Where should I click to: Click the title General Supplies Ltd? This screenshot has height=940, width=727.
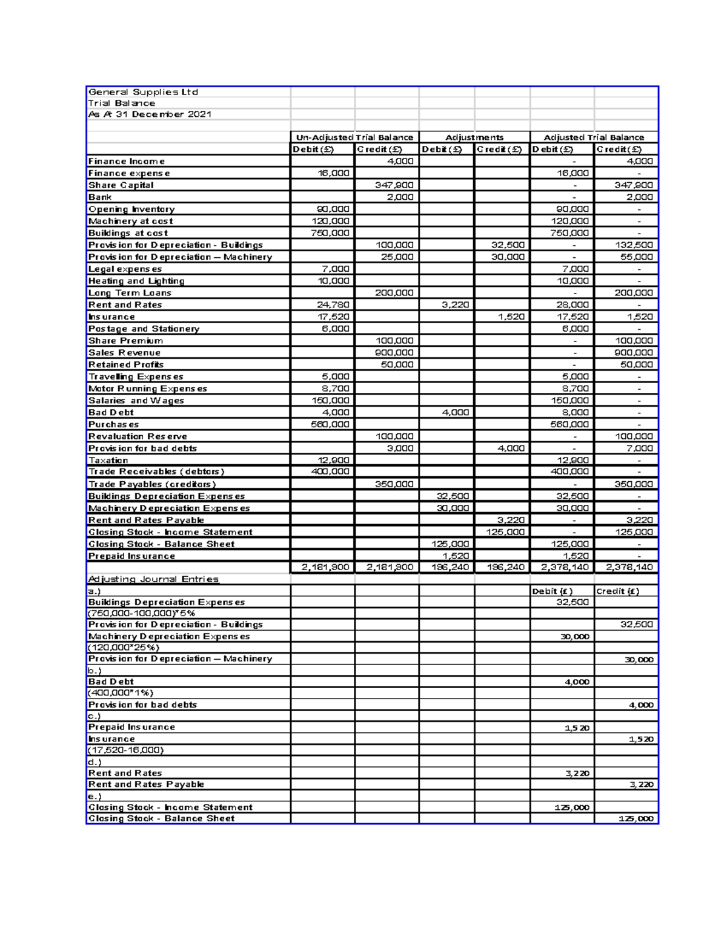pyautogui.click(x=144, y=92)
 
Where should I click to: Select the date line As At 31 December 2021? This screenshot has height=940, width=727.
pyautogui.click(x=150, y=114)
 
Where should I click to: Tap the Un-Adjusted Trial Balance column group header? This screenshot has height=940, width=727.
pyautogui.click(x=354, y=137)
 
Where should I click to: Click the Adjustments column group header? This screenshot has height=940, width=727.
pyautogui.click(x=474, y=137)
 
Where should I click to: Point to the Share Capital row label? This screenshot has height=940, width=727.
pyautogui.click(x=121, y=185)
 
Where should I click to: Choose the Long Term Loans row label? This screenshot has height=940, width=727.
pyautogui.click(x=130, y=293)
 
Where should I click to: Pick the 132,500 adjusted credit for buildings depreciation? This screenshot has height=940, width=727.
pyautogui.click(x=635, y=245)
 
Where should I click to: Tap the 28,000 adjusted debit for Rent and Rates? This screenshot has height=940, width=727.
pyautogui.click(x=573, y=305)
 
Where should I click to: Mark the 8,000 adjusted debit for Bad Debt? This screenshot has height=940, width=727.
pyautogui.click(x=575, y=413)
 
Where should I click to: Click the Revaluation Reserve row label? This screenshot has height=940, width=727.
pyautogui.click(x=138, y=436)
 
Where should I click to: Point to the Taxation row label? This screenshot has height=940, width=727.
pyautogui.click(x=108, y=461)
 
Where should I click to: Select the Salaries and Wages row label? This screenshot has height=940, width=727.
pyautogui.click(x=136, y=401)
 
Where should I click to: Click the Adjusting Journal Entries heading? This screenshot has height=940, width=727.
pyautogui.click(x=153, y=579)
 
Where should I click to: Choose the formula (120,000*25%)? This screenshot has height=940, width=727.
pyautogui.click(x=124, y=648)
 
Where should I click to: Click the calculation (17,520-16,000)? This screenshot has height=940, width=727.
pyautogui.click(x=126, y=750)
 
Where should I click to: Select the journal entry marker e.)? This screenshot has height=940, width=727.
pyautogui.click(x=95, y=796)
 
